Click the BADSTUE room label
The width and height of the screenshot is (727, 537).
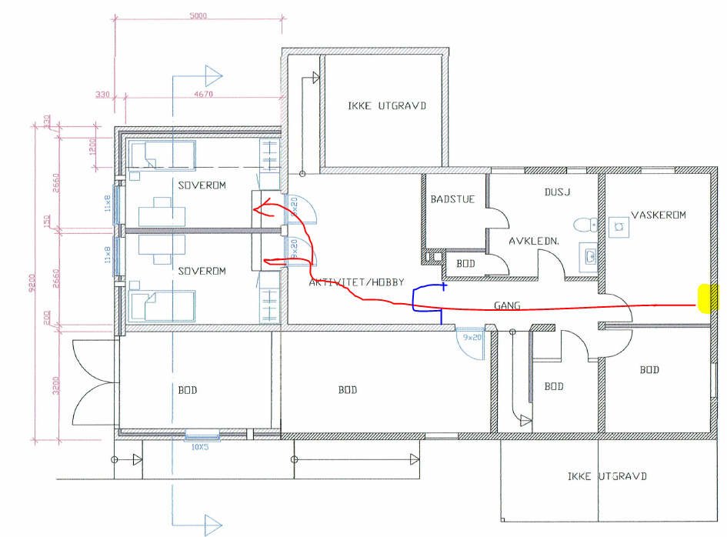[x=452, y=199]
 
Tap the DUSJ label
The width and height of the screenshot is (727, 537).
[x=557, y=192]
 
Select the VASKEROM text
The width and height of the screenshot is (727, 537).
[x=659, y=215]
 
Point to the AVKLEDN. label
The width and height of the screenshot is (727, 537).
[x=534, y=241]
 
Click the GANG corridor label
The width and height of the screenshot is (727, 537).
[x=507, y=305]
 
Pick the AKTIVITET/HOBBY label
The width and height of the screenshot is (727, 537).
[x=356, y=282]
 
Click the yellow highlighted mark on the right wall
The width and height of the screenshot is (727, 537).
[x=709, y=299]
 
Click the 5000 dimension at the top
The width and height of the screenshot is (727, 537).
[x=198, y=15]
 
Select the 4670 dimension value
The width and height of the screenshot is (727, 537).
[x=204, y=94]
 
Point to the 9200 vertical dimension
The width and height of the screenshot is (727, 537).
[x=32, y=283]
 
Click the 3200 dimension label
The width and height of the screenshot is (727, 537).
[x=55, y=385]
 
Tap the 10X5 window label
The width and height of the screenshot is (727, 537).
[x=200, y=448]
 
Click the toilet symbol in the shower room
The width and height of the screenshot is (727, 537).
[x=585, y=225]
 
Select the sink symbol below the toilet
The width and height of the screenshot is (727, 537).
[x=590, y=255]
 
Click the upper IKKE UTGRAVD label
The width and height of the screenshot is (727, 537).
[x=387, y=105]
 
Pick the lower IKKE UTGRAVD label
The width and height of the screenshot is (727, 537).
[x=607, y=476]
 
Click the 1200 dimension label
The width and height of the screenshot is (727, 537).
[x=92, y=148]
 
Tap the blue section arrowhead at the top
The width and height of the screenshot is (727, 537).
[x=214, y=76]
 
